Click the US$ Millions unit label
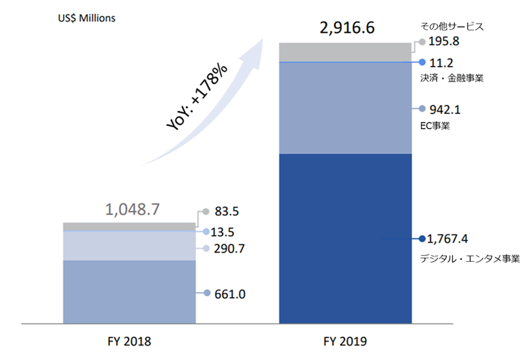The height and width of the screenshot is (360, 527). [86, 18]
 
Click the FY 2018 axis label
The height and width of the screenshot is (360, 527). [129, 342]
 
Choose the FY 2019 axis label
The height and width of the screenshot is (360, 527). [345, 342]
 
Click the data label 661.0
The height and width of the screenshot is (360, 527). [230, 294]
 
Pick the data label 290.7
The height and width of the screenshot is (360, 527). [230, 249]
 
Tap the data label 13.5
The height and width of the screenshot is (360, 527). [228, 232]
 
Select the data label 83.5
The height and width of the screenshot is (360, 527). [228, 212]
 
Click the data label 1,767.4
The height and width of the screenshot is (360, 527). [453, 239]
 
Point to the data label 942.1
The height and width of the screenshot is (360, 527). [443, 109]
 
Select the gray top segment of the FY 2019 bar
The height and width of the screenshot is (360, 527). [346, 51]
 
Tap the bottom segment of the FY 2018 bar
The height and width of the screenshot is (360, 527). [129, 291]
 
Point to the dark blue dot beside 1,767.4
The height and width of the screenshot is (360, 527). [421, 239]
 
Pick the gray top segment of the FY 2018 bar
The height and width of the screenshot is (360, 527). [129, 226]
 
